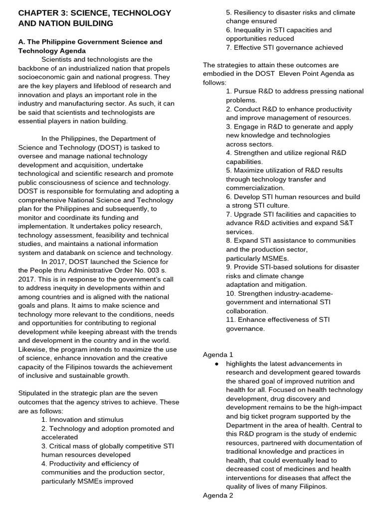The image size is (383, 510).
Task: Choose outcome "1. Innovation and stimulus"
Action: click(82, 420)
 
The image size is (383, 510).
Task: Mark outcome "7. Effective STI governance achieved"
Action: click(284, 48)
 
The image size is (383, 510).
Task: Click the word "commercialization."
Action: click(255, 188)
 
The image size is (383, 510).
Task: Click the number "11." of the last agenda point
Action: click(231, 320)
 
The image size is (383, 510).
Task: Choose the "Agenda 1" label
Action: click(218, 355)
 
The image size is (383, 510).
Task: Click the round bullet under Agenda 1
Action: click(216, 364)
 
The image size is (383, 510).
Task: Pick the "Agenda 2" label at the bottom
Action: click(218, 495)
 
